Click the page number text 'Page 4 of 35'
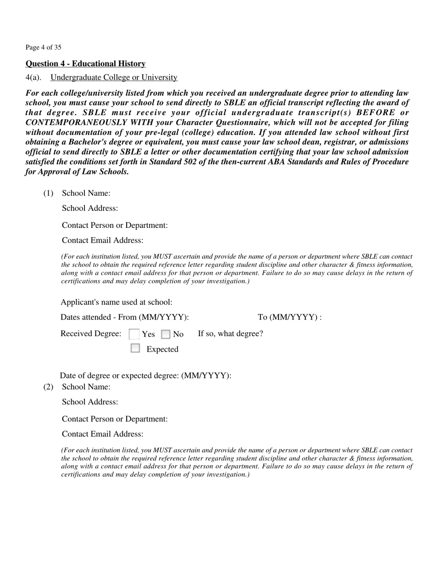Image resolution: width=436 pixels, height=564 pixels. coord(43,47)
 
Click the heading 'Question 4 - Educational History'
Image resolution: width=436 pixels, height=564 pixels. coord(85,64)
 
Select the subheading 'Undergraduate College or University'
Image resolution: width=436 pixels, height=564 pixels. coord(114,77)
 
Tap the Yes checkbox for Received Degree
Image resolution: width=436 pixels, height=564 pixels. coord(134,334)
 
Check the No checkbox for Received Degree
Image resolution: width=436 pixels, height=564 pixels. coord(166,334)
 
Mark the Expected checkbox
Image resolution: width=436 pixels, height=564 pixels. coord(135,348)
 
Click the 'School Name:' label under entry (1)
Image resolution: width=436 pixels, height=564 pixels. coord(86,193)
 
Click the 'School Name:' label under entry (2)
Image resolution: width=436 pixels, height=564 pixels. coord(86,387)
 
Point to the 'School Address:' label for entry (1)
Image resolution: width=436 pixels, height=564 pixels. coord(90,208)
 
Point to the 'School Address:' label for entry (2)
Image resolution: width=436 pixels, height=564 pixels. coord(90,402)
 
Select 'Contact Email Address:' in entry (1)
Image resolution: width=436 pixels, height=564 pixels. coord(102,240)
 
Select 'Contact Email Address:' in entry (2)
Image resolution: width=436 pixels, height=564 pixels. coord(102,434)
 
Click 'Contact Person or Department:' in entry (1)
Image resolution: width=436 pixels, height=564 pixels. coord(115,225)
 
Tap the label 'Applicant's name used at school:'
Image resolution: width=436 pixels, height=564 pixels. coord(117,302)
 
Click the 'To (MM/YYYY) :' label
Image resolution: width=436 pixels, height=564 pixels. coord(290,317)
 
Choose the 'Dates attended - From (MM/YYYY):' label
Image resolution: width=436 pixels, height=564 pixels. coord(124,317)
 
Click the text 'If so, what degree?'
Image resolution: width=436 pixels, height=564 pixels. coord(230,333)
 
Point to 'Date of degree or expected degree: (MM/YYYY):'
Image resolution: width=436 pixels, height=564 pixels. coord(145,376)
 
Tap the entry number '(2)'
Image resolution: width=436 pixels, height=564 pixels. coord(48,387)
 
